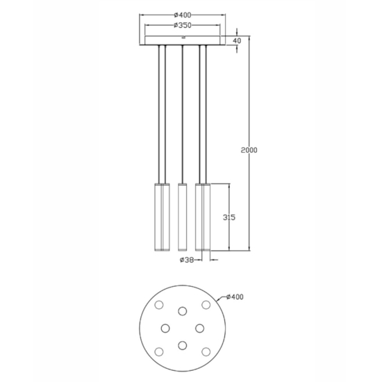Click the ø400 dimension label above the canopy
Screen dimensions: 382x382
pos(183,15)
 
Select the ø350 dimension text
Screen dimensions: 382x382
pos(183,25)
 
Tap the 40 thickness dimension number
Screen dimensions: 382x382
pos(237,41)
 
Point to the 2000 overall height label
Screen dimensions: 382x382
pos(249,150)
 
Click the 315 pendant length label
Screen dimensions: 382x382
pos(229,217)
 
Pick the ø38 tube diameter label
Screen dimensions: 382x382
pos(187,260)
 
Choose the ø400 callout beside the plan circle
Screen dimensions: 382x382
pos(235,297)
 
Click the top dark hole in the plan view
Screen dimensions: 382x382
pos(183,311)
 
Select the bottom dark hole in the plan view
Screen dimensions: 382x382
pos(183,345)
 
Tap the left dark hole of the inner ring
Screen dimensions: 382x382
pos(165,328)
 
